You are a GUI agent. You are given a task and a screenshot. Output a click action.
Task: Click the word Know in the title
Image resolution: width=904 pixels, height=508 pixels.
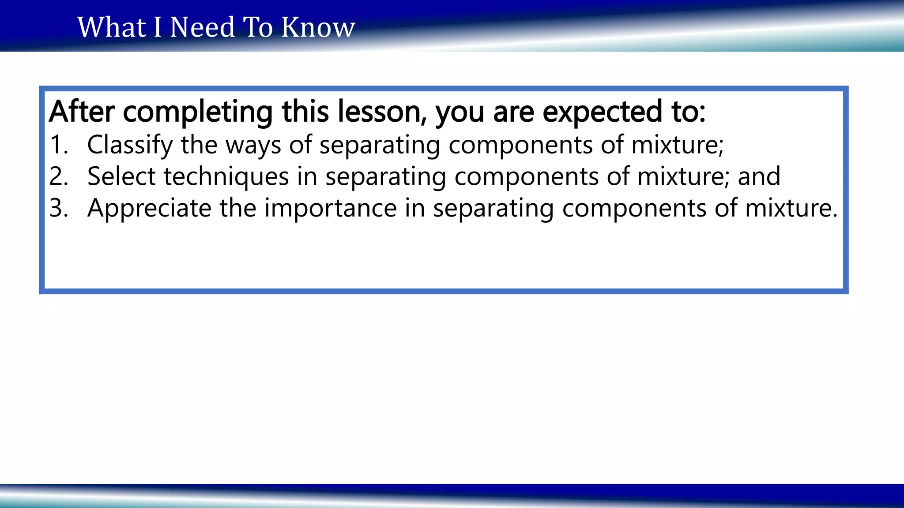pyautogui.click(x=318, y=27)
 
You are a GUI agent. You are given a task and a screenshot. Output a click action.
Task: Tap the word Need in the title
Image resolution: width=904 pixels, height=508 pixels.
pyautogui.click(x=203, y=27)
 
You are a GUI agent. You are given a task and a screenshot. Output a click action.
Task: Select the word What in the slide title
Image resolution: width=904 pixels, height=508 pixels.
pyautogui.click(x=112, y=27)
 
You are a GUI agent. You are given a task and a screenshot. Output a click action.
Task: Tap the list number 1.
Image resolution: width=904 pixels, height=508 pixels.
pyautogui.click(x=59, y=145)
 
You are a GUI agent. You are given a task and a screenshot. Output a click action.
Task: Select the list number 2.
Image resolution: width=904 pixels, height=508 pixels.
pyautogui.click(x=59, y=176)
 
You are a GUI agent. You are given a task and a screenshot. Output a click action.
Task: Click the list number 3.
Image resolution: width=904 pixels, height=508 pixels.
pyautogui.click(x=59, y=208)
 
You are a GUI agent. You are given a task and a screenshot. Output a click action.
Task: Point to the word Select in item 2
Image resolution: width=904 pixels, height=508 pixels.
pyautogui.click(x=121, y=176)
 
